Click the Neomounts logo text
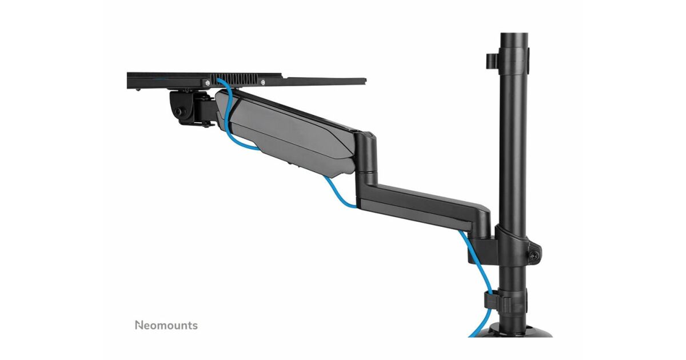[166, 325]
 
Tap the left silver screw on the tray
[208, 82]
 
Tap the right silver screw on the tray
[263, 82]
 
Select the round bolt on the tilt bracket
[178, 111]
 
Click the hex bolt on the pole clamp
[535, 255]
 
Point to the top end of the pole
[514, 33]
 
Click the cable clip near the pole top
[492, 62]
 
